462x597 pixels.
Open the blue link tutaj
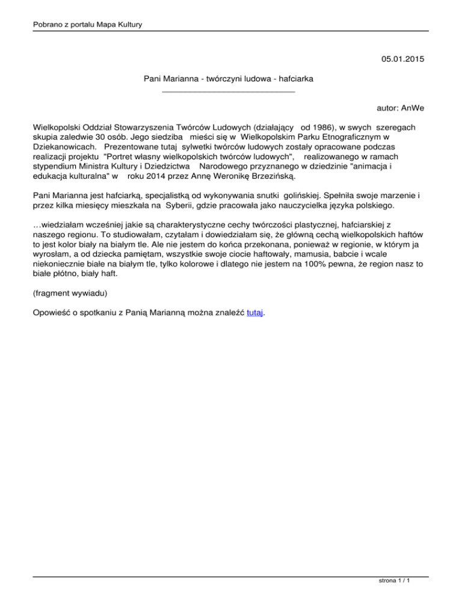click(255, 313)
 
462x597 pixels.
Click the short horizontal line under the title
click(229, 92)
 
